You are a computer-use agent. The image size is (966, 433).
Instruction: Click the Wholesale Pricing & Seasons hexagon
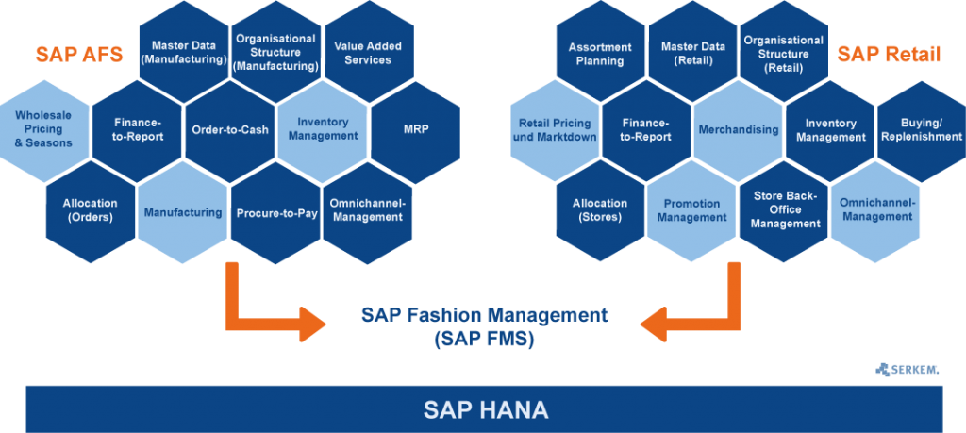(43, 130)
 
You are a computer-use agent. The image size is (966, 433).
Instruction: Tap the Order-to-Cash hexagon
(230, 130)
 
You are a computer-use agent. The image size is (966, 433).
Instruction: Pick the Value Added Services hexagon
(369, 53)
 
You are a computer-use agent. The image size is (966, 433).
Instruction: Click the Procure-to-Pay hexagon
(276, 213)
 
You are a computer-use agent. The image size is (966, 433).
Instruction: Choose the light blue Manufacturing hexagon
(183, 213)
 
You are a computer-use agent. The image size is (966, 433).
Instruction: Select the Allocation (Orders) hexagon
(91, 211)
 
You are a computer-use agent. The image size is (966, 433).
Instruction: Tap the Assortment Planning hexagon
(600, 54)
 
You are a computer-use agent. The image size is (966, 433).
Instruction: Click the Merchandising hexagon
(739, 130)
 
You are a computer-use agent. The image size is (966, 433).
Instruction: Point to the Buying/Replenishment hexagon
(921, 130)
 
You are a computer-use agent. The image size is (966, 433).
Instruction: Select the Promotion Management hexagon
(691, 211)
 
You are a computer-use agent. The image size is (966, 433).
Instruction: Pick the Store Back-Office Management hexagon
(785, 211)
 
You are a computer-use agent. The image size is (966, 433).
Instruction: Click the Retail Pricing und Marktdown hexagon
(555, 130)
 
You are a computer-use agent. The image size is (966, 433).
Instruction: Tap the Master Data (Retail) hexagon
(693, 54)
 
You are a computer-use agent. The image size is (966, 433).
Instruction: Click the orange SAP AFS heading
(79, 54)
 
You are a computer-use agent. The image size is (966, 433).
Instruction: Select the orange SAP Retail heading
(889, 54)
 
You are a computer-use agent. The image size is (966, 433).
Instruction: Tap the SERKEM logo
(907, 370)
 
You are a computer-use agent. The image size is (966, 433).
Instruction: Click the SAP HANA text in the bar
(486, 409)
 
